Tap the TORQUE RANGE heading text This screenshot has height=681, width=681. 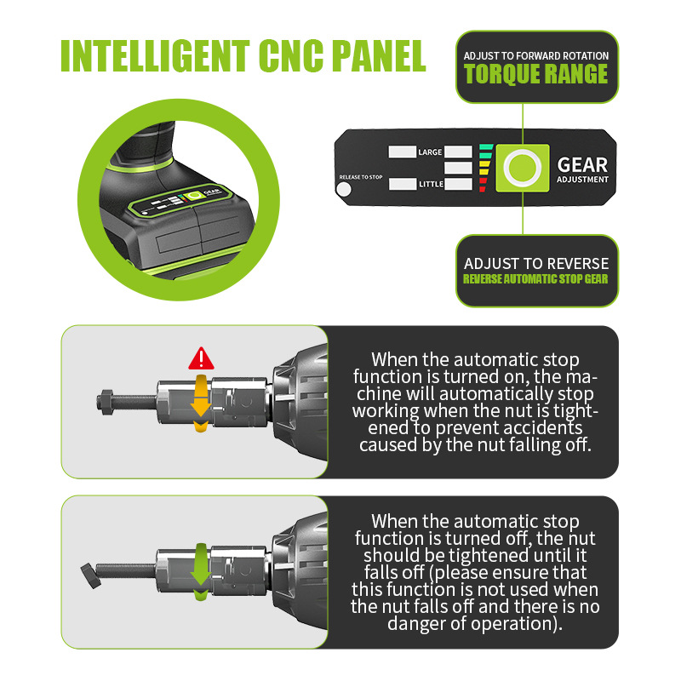click(x=536, y=74)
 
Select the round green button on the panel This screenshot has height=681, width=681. click(x=520, y=167)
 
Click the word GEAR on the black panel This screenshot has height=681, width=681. click(x=582, y=163)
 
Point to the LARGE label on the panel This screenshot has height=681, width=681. click(x=430, y=152)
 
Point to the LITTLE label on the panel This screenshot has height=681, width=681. click(x=431, y=184)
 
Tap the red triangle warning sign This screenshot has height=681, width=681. click(x=201, y=357)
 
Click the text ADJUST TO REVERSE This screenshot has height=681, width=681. click(x=536, y=264)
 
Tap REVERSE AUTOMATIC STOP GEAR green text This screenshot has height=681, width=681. click(x=536, y=279)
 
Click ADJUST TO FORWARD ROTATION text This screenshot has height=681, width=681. click(x=536, y=56)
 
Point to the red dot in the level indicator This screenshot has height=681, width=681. click(x=482, y=190)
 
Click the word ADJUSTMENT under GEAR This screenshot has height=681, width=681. click(x=582, y=180)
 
